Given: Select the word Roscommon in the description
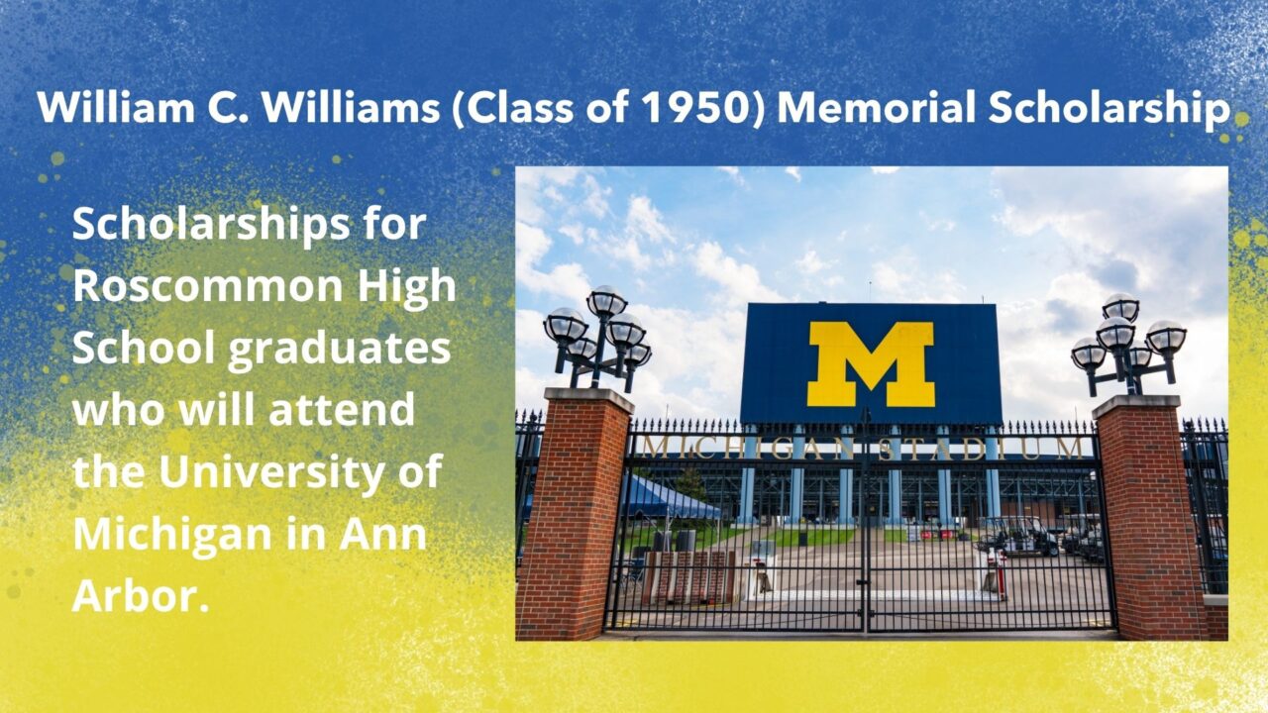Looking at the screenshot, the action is tap(208, 286).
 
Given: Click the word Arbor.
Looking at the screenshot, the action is tap(141, 595).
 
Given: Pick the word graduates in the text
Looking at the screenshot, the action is tap(339, 350).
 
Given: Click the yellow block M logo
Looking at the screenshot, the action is tap(871, 363).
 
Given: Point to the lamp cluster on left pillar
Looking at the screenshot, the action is tap(597, 339).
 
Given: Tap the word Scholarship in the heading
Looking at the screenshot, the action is tap(1109, 108).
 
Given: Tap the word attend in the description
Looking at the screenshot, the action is tap(342, 410).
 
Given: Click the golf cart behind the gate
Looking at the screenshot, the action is tap(1019, 538).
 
